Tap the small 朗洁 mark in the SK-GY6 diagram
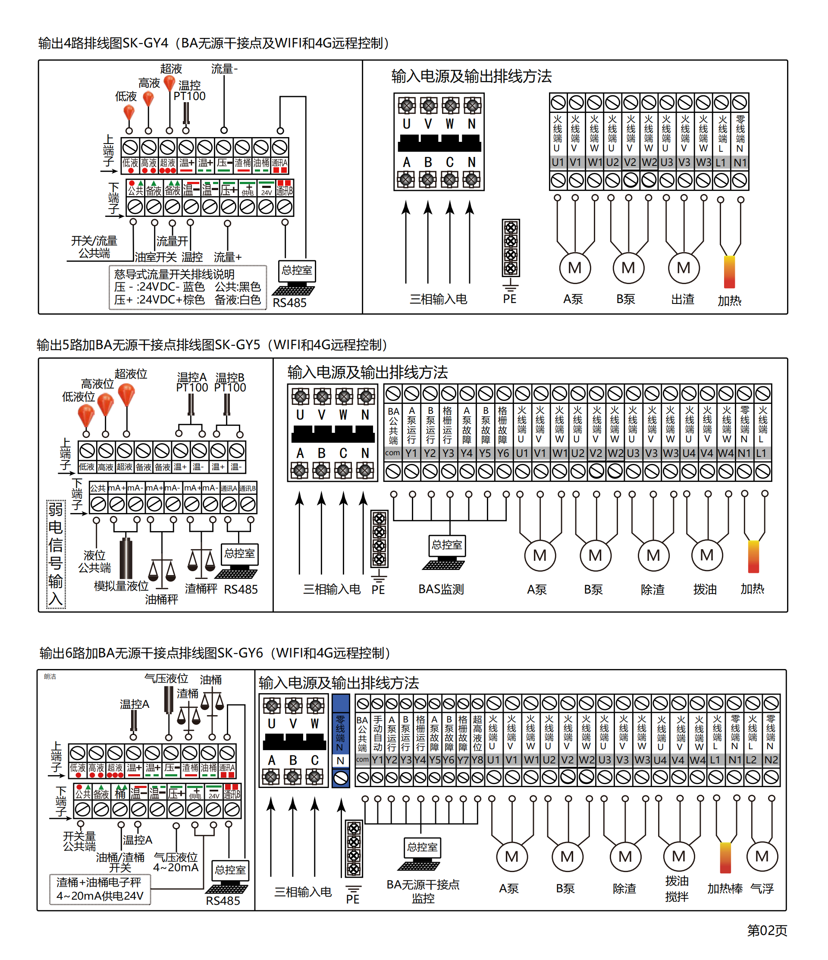tap(50, 676)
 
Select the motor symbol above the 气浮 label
tap(762, 856)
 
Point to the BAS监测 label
tap(441, 589)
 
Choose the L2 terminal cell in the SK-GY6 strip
tap(751, 760)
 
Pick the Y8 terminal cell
tap(477, 760)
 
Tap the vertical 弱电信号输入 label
tap(56, 554)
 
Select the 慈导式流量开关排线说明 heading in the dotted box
tap(174, 274)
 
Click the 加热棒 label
tap(724, 888)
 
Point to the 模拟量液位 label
tap(121, 586)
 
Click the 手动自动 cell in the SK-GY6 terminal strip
tap(378, 733)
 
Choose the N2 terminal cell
tap(771, 760)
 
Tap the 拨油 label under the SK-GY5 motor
tap(705, 589)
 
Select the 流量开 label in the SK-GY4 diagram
tap(172, 241)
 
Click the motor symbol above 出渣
tap(684, 268)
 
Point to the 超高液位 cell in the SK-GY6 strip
tap(477, 733)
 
